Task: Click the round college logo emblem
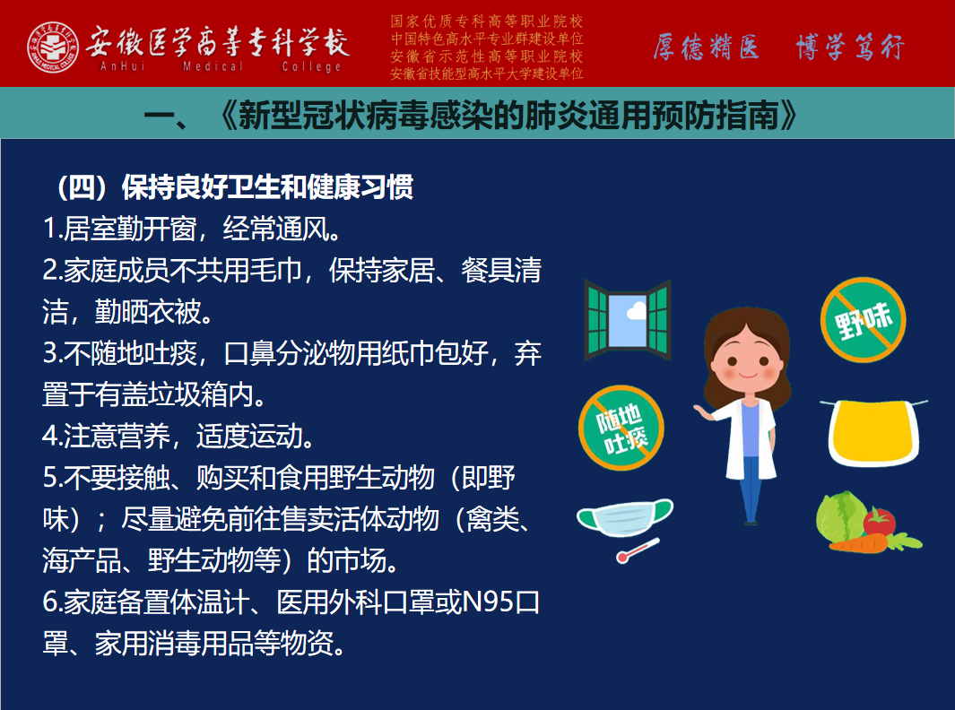53,47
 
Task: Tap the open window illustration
628,320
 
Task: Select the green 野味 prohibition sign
863,319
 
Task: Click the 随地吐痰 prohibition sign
621,428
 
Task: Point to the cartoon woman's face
748,359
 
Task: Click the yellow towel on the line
873,432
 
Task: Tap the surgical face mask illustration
624,518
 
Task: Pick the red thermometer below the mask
638,550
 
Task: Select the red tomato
878,522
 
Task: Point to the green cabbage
841,516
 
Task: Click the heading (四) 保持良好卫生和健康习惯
235,187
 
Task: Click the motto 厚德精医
707,47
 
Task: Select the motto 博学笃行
850,47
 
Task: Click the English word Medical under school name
213,65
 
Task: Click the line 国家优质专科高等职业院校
487,22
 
